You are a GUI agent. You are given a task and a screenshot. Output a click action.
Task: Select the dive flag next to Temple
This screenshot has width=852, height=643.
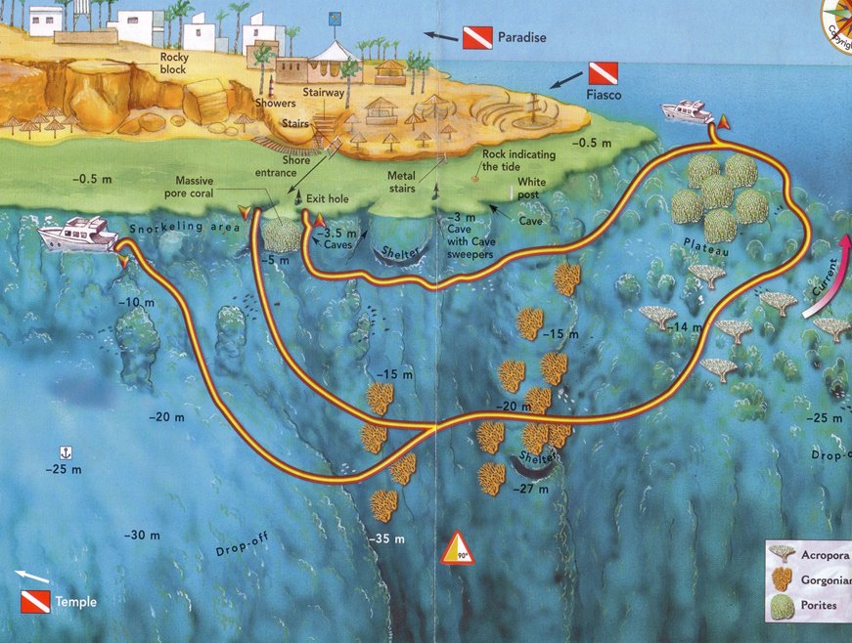pyautogui.click(x=35, y=601)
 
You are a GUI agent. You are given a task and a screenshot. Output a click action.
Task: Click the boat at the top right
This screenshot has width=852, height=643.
pyautogui.click(x=690, y=112)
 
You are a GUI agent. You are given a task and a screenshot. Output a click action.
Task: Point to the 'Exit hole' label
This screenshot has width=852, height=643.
pyautogui.click(x=330, y=198)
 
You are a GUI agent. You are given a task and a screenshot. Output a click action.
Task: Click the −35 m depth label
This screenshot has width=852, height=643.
pyautogui.click(x=386, y=538)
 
